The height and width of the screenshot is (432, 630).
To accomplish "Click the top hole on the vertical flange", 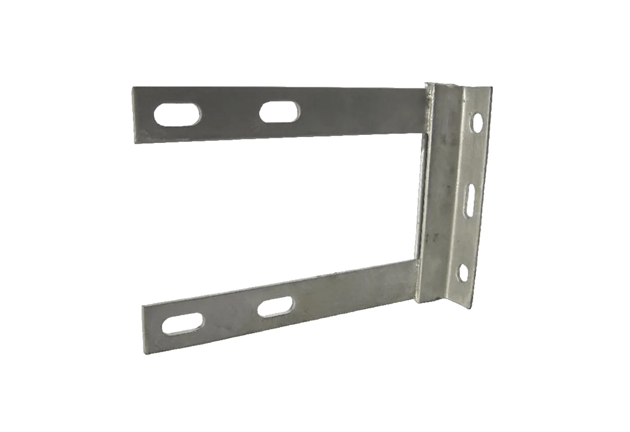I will point(477,122).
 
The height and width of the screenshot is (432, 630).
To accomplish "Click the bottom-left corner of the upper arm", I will point(133,143).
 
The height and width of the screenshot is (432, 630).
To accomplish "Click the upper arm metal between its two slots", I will point(229,113).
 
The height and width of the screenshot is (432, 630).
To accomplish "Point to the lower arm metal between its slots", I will point(230,316).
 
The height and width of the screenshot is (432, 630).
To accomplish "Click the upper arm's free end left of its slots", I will point(143,115).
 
